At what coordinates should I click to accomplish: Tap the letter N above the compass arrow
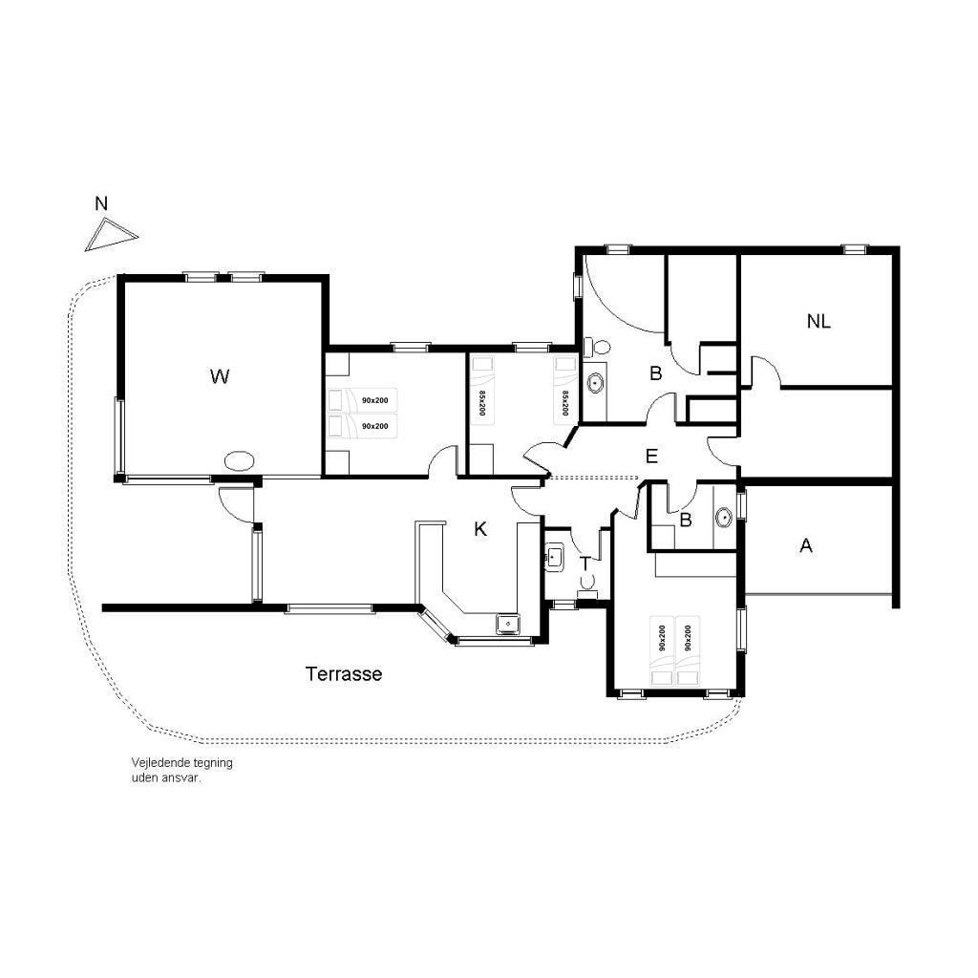click(x=101, y=203)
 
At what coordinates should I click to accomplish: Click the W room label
click(x=220, y=376)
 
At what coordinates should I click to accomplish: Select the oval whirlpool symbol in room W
click(x=239, y=461)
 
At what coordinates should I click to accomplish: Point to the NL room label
click(x=819, y=322)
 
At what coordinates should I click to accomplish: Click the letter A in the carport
click(x=806, y=545)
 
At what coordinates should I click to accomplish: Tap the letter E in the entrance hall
click(x=651, y=457)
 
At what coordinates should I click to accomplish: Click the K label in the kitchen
click(x=480, y=529)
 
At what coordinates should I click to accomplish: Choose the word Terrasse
click(x=344, y=673)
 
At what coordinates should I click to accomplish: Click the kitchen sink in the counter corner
click(x=508, y=624)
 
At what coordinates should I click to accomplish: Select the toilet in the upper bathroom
click(x=597, y=346)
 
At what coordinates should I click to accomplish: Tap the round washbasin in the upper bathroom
click(x=596, y=382)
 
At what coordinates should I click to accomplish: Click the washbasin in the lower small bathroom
click(x=724, y=517)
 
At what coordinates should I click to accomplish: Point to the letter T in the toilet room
click(x=585, y=563)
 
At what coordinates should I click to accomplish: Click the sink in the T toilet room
click(x=554, y=557)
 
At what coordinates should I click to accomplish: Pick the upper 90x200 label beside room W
click(x=374, y=400)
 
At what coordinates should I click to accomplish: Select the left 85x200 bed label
click(x=481, y=404)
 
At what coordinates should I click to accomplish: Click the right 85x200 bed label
click(x=565, y=404)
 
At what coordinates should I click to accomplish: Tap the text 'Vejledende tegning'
click(x=181, y=763)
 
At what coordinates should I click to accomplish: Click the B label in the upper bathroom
click(x=655, y=373)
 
